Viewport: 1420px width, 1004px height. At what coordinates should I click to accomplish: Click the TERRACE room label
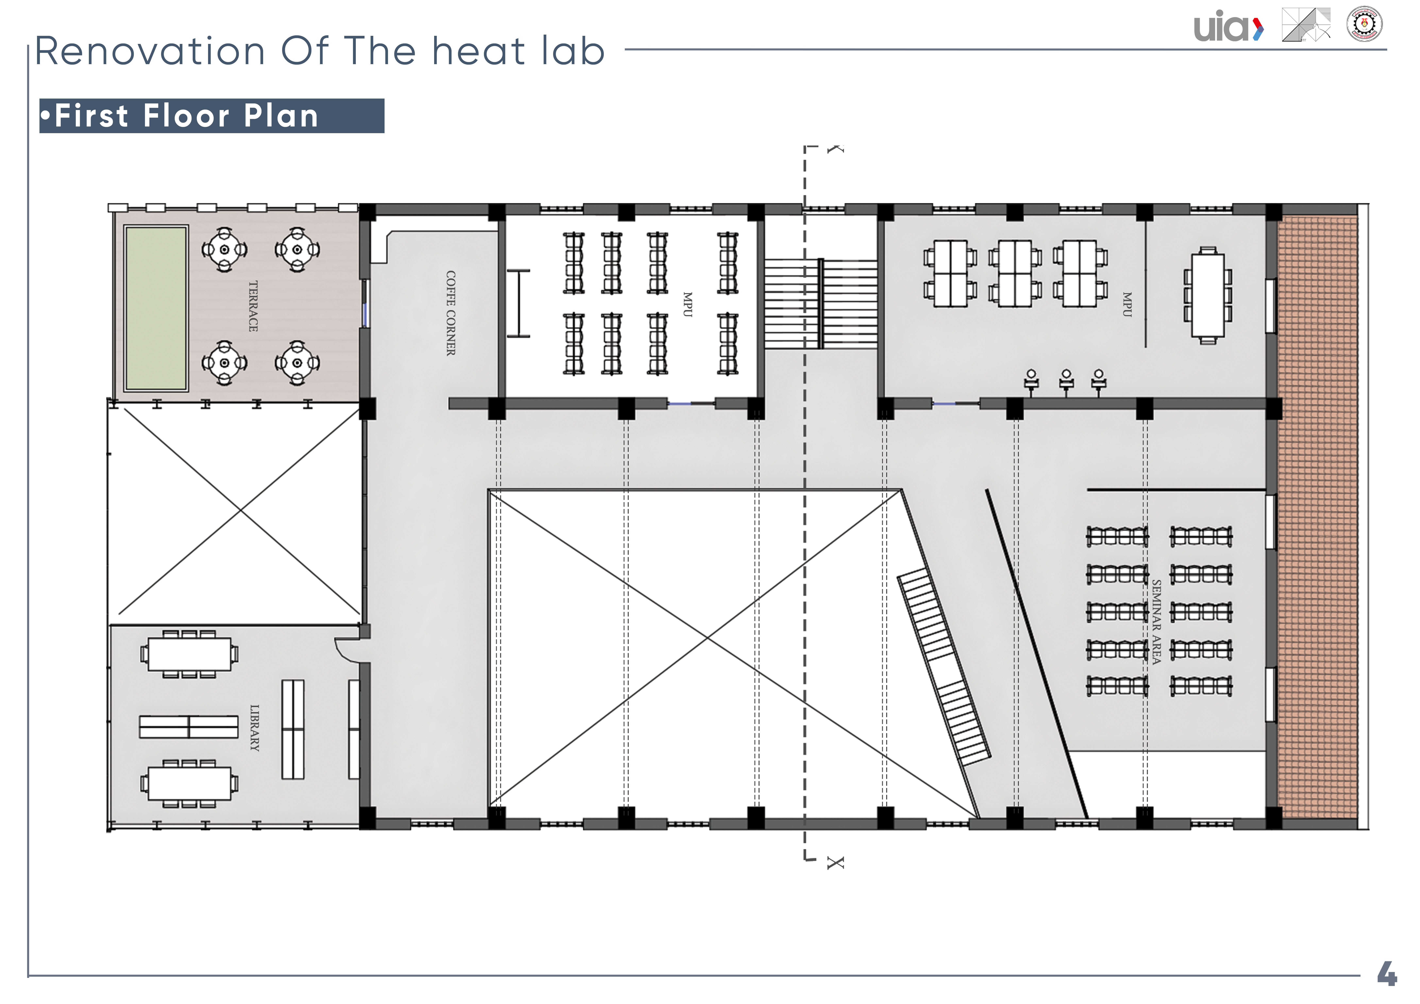click(x=253, y=306)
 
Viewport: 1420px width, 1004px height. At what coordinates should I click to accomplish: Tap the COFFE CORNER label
click(x=451, y=313)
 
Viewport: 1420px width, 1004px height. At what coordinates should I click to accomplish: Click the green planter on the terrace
click(x=156, y=308)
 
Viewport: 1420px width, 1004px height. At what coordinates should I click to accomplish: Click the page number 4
click(x=1387, y=973)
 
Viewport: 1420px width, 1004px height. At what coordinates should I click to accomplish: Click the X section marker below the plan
click(x=835, y=862)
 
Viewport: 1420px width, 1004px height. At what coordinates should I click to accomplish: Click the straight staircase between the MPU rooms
click(x=821, y=304)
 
